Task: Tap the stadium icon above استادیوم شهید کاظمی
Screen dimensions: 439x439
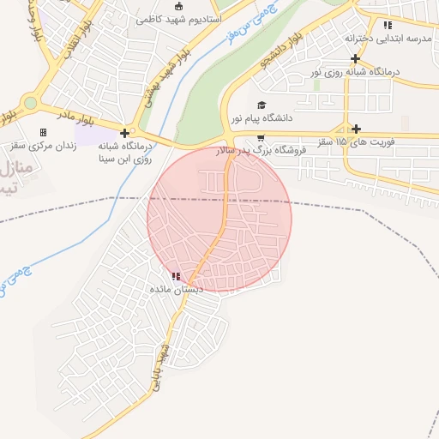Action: [178, 6]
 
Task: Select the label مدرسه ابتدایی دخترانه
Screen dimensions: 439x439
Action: [391, 39]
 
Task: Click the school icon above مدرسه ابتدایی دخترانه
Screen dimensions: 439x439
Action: [388, 25]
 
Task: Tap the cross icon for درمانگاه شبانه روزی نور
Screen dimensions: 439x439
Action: [356, 58]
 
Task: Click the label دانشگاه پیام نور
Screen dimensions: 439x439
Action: [262, 117]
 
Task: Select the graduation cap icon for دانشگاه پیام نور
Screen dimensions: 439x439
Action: [261, 104]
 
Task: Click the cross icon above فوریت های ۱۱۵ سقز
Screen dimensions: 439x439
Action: [356, 129]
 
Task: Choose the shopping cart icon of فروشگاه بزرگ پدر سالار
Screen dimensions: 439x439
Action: [260, 138]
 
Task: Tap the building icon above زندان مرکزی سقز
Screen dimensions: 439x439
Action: [43, 132]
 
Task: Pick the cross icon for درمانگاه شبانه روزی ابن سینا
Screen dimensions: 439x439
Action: [125, 133]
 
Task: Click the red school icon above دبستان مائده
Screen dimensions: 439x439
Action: [177, 276]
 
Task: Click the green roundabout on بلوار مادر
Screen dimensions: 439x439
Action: [30, 103]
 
